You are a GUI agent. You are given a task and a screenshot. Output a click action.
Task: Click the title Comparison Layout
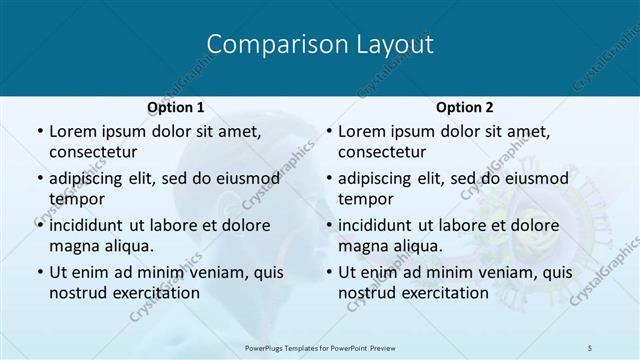pos(319,45)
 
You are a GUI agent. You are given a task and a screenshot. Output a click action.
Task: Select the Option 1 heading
pos(176,107)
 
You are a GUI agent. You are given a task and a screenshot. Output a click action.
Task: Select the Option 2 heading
pos(465,107)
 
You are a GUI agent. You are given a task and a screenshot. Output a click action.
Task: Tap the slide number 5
pos(590,346)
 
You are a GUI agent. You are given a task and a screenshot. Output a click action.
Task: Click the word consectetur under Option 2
pos(383,152)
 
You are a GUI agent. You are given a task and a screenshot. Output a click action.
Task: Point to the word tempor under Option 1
pos(77,198)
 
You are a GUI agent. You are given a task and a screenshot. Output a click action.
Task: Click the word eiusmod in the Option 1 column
pos(242,178)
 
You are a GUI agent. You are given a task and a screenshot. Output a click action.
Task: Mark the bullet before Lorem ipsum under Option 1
pos(39,131)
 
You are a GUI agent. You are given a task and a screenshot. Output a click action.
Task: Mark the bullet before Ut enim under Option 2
pos(329,271)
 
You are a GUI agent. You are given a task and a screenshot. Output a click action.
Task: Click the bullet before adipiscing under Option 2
pos(329,178)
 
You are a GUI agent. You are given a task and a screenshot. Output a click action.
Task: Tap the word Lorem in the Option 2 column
pos(360,131)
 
